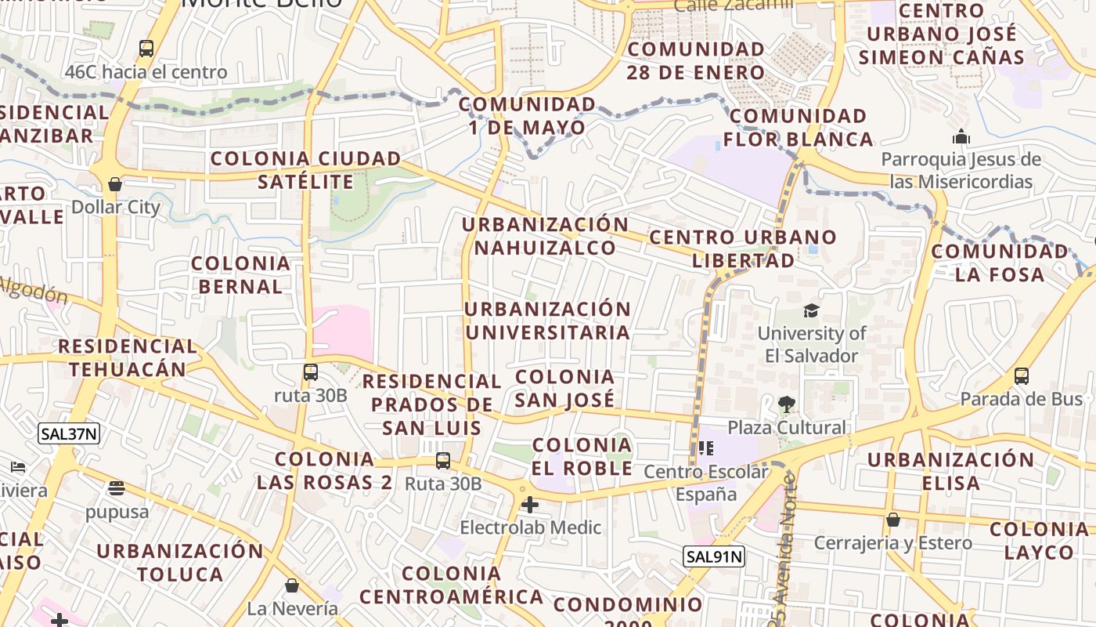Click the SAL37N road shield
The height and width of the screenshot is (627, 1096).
(69, 433)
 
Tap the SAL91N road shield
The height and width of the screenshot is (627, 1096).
(713, 557)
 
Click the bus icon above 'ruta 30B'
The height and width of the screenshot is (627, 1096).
(311, 371)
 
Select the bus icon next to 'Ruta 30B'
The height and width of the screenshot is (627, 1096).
(443, 461)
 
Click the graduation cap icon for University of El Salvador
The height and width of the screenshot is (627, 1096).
(811, 310)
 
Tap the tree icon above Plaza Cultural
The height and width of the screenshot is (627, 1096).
(787, 404)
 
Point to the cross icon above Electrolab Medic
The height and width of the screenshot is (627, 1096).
(530, 504)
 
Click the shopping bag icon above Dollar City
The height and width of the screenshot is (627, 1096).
(115, 184)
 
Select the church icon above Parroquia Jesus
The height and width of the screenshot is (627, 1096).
(961, 137)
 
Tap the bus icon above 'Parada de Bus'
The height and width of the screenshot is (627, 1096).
(1022, 375)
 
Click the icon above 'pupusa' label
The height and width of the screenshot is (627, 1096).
(117, 488)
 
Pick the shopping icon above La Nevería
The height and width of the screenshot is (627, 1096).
(292, 585)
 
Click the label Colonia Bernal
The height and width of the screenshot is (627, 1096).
(240, 275)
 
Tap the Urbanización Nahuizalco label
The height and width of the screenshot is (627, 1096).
(546, 236)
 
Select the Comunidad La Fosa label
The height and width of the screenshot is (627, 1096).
(999, 263)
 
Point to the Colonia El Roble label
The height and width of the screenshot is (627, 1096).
(582, 456)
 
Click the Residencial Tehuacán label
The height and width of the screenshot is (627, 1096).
(127, 357)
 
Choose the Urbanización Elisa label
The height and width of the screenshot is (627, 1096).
(950, 470)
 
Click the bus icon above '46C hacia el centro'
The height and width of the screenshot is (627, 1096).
(146, 49)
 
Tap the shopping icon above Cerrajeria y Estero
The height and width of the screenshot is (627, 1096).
(892, 520)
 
